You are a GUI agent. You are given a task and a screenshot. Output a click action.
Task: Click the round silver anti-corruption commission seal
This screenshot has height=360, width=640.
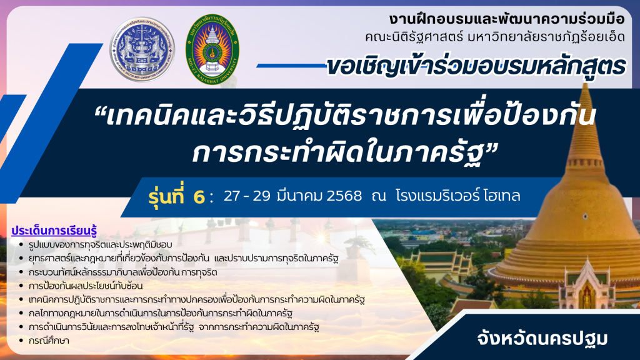(142, 49)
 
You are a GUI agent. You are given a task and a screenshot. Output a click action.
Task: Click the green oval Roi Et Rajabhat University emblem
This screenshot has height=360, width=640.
(212, 49)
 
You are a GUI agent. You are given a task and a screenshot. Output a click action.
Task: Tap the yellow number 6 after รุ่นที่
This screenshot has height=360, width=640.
(199, 197)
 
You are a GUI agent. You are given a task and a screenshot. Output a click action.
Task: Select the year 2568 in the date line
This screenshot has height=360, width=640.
(344, 196)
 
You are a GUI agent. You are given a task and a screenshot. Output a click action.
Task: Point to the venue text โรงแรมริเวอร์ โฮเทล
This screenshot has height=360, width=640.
(458, 196)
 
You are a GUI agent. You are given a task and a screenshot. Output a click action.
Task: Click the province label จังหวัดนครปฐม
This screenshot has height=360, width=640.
(542, 339)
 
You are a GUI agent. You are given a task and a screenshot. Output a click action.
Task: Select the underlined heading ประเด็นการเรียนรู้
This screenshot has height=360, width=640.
(54, 231)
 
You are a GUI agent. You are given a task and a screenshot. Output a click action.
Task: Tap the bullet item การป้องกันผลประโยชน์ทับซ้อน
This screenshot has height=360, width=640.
(86, 286)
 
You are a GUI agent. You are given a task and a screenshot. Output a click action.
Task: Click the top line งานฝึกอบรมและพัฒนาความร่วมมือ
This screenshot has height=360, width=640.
(506, 19)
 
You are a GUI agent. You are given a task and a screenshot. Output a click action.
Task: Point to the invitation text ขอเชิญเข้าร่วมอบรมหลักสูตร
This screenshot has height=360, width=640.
(476, 66)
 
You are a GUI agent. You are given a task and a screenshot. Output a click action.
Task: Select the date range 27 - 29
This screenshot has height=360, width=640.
(247, 196)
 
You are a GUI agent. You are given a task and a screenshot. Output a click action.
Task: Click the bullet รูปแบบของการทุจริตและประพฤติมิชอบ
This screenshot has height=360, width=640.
(101, 244)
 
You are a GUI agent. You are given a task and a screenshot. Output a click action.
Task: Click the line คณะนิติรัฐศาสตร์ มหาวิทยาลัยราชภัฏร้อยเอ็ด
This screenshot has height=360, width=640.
(495, 37)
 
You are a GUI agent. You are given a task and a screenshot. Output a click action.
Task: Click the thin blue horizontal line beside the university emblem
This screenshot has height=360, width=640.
(292, 66)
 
